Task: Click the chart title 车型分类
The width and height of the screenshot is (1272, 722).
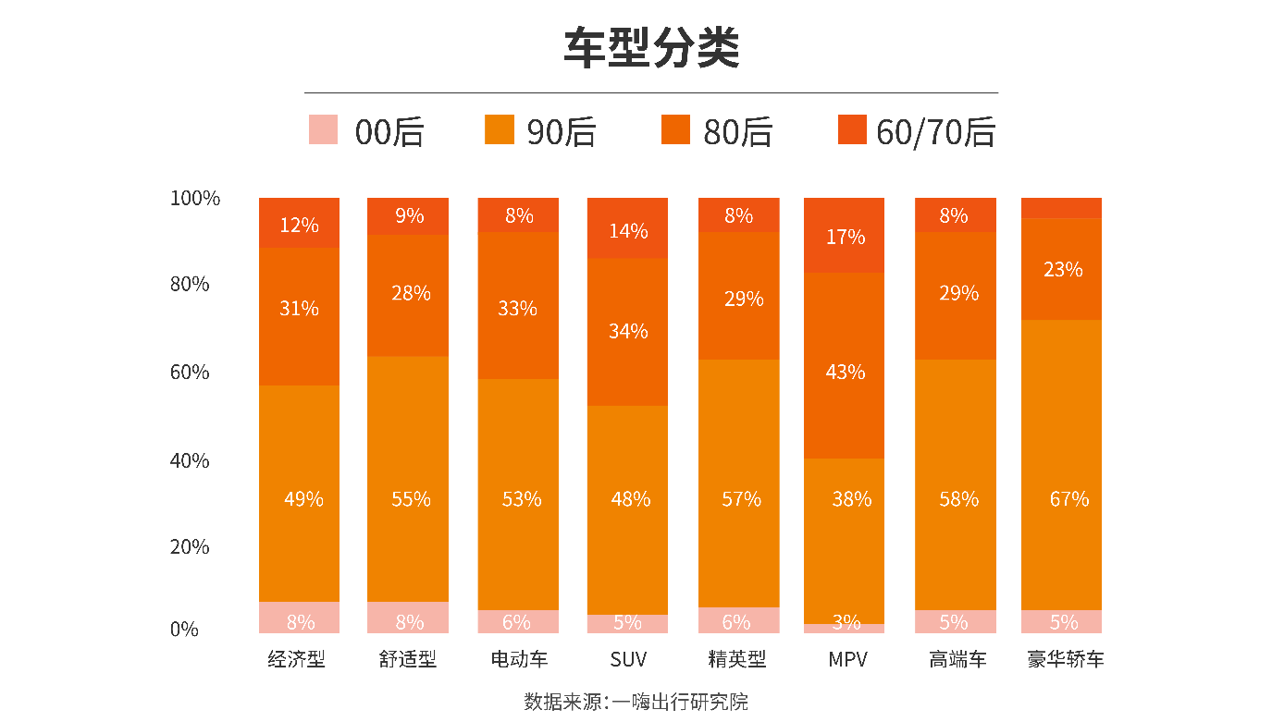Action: tap(651, 49)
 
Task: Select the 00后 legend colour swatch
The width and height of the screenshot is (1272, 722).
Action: tap(323, 129)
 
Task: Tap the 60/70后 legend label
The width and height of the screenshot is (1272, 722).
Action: tap(935, 132)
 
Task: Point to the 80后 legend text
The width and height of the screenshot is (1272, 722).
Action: tap(737, 132)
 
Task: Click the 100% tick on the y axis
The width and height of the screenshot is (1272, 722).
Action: tap(195, 198)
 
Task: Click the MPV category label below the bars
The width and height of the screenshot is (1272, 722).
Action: tap(847, 660)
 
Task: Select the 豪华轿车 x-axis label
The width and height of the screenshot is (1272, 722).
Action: tap(1066, 660)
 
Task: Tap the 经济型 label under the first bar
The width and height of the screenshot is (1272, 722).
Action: tap(297, 660)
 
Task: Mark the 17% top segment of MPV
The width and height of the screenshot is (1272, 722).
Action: tap(845, 236)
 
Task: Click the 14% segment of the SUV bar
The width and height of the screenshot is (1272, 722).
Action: tap(627, 229)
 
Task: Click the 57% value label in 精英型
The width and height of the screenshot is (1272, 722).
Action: tap(741, 499)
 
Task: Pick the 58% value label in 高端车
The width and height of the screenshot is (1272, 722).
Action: tap(958, 499)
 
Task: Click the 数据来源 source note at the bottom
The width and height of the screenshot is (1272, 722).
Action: tap(636, 702)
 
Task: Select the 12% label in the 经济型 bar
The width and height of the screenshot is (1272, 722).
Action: tap(299, 225)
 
